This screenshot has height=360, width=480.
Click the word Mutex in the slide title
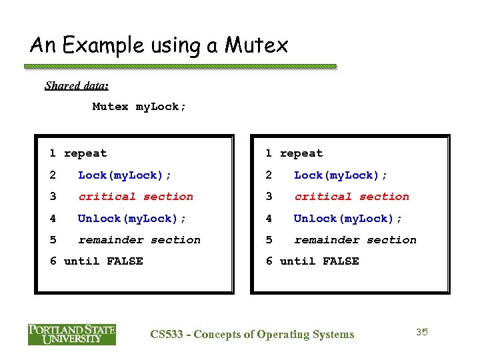tap(257, 45)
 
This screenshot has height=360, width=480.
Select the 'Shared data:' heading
tap(77, 85)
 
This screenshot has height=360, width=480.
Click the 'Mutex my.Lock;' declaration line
tap(139, 107)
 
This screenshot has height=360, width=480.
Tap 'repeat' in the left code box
tap(85, 153)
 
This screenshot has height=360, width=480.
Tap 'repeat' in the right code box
tap(301, 153)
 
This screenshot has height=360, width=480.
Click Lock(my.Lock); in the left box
tap(125, 175)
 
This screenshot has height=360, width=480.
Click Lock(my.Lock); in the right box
tap(341, 175)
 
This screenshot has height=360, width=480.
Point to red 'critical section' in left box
tap(135, 197)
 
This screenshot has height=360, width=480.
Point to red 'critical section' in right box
tap(351, 197)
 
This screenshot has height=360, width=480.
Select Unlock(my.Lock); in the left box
tap(132, 219)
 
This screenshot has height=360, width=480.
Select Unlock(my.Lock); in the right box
tap(348, 219)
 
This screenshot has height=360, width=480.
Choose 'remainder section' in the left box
tap(139, 240)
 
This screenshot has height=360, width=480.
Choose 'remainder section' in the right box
tap(355, 240)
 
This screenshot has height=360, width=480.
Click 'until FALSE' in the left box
tap(103, 261)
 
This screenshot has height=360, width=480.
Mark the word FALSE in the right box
tap(341, 261)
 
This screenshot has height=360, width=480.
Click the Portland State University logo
tap(72, 334)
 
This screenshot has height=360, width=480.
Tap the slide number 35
tap(421, 332)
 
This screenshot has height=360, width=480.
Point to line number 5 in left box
tap(53, 240)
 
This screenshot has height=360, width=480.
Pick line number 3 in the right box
tap(269, 197)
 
